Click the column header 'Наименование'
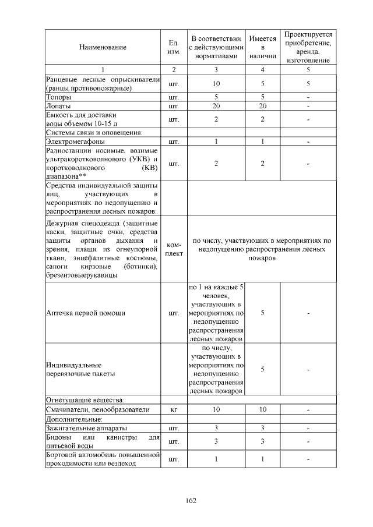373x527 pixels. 103,47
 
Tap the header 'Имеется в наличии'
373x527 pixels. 262,47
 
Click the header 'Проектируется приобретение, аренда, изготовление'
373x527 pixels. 308,47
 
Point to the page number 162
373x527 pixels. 191,500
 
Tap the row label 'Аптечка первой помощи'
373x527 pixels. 85,313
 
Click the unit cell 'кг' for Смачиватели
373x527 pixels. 173,409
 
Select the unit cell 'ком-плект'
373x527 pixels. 173,249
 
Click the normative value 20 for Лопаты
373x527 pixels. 216,106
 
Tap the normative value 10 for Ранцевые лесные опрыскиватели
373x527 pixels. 216,83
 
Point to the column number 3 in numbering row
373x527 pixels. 216,70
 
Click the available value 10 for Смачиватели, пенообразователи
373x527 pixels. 262,409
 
